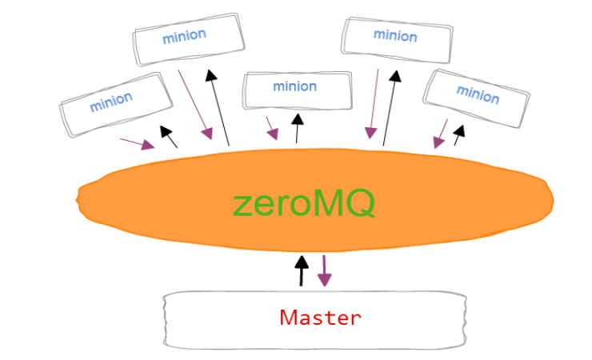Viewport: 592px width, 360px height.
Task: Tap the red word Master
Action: [320, 318]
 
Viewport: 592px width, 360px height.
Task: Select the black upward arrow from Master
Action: [301, 271]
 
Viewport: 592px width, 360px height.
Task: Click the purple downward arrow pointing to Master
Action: [324, 271]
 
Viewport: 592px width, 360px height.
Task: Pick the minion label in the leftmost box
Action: [111, 102]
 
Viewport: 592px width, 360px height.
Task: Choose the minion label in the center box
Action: [295, 86]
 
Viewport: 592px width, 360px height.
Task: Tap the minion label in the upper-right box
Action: [395, 35]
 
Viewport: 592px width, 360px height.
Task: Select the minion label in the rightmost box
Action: [478, 94]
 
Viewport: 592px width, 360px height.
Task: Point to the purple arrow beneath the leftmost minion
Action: [137, 143]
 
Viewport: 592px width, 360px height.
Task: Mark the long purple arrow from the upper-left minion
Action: [194, 103]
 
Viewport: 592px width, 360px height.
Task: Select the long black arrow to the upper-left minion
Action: [219, 107]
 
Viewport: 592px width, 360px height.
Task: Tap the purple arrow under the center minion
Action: [272, 128]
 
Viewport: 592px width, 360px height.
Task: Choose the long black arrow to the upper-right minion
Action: [390, 106]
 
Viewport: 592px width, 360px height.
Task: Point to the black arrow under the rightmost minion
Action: [458, 134]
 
